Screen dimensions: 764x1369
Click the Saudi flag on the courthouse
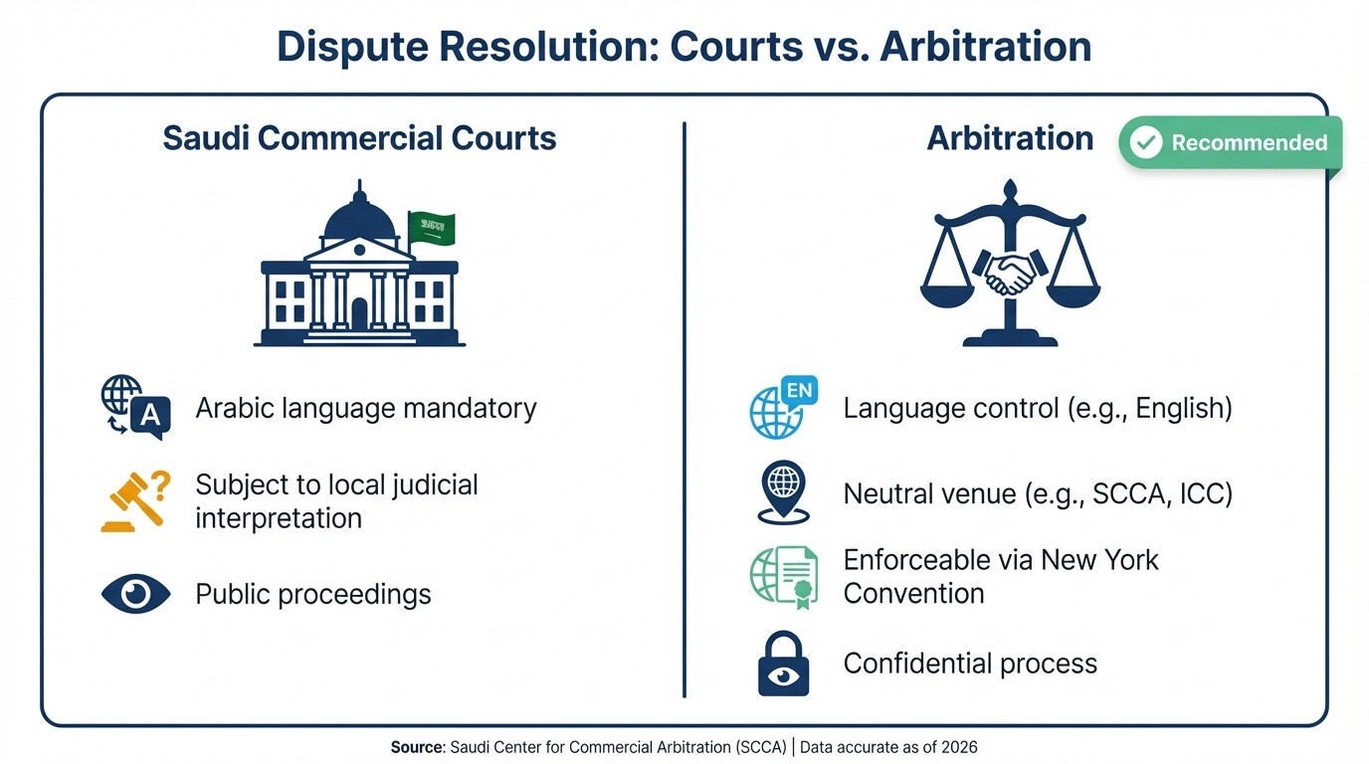pyautogui.click(x=432, y=229)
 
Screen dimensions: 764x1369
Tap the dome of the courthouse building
pyautogui.click(x=359, y=216)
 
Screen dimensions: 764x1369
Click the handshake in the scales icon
pyautogui.click(x=1010, y=271)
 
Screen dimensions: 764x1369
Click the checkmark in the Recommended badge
pyautogui.click(x=1146, y=142)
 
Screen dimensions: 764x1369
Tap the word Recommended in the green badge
pyautogui.click(x=1249, y=142)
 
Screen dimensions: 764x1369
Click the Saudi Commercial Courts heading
pyautogui.click(x=359, y=137)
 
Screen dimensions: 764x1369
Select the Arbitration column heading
pyautogui.click(x=1010, y=137)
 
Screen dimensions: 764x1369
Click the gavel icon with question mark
pyautogui.click(x=135, y=501)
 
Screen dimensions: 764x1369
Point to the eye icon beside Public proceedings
pyautogui.click(x=136, y=594)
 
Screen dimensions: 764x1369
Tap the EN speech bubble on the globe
pyautogui.click(x=798, y=391)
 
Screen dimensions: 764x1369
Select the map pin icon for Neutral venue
pyautogui.click(x=783, y=491)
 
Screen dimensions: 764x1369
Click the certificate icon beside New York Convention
pyautogui.click(x=784, y=577)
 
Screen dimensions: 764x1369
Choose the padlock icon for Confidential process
pyautogui.click(x=783, y=665)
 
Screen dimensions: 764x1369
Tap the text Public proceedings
pyautogui.click(x=313, y=594)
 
